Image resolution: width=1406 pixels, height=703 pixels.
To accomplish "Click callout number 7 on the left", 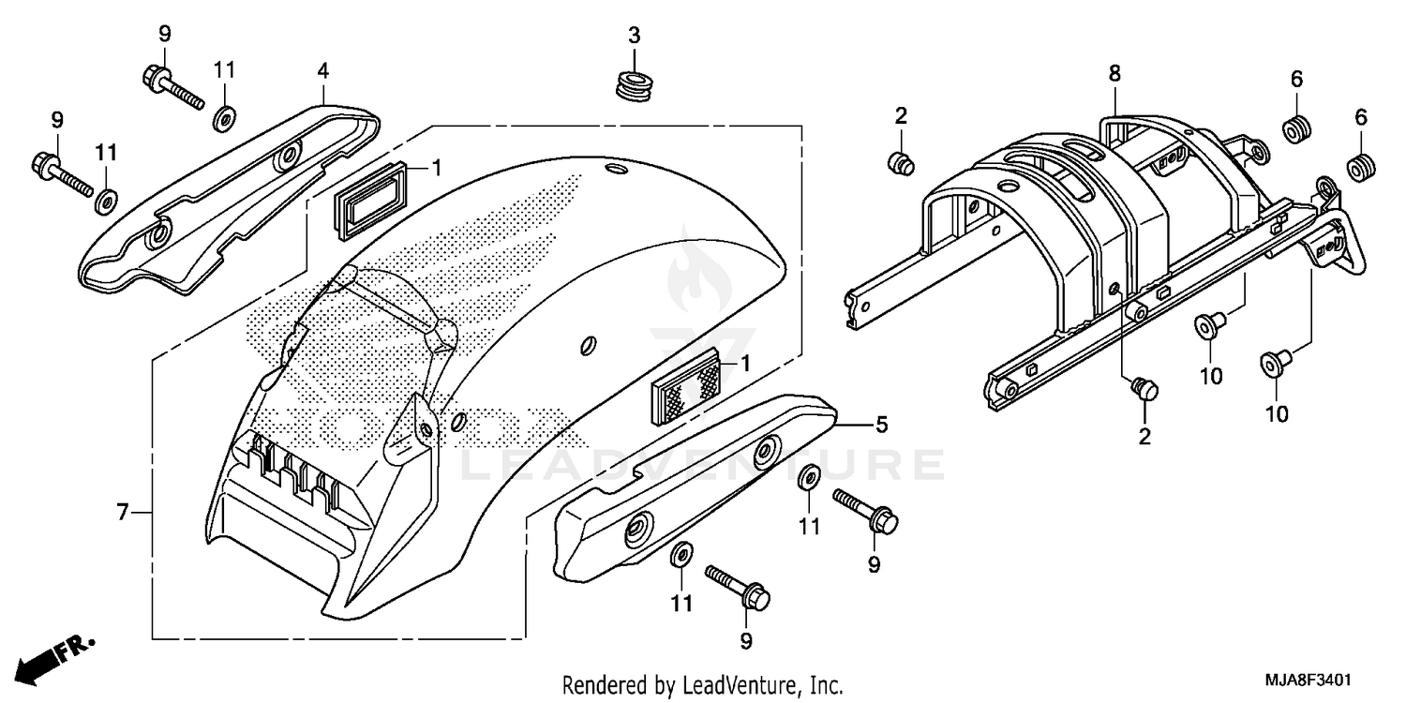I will click(x=122, y=513).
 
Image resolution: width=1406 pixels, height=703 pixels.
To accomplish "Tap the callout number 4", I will click(x=322, y=70).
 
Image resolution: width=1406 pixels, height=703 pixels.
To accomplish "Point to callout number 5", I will click(x=881, y=426).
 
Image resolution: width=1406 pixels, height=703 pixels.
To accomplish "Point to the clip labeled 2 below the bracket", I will click(x=1144, y=387).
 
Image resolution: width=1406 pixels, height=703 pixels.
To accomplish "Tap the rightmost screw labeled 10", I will click(x=1273, y=361).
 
